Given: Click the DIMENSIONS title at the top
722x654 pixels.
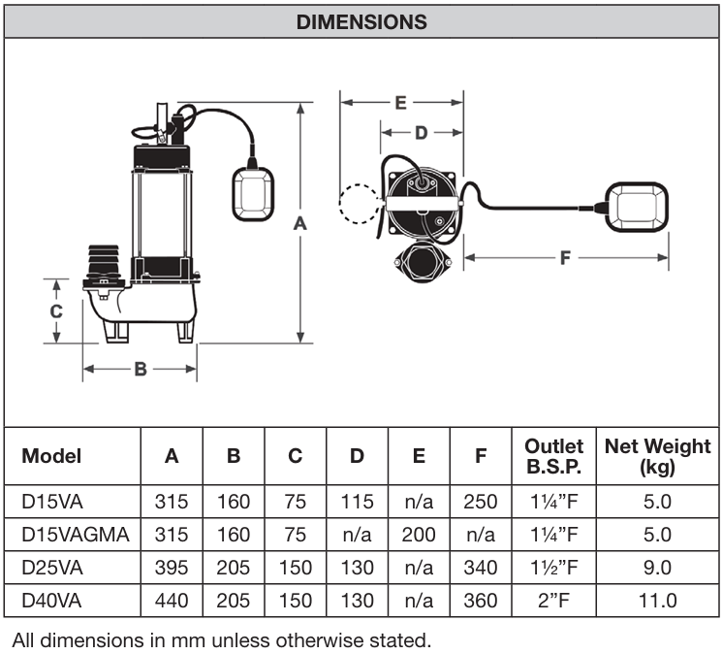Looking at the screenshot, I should [361, 20].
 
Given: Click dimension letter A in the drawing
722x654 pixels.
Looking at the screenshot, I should [300, 223].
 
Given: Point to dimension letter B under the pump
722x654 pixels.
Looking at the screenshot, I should [140, 370].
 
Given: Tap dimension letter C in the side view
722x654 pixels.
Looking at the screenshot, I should [56, 311].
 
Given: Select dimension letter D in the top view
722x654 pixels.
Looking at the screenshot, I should [421, 133].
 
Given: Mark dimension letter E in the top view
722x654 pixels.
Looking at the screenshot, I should [400, 101].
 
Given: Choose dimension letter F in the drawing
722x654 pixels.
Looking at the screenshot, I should [566, 258].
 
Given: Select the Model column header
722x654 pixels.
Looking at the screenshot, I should [52, 456].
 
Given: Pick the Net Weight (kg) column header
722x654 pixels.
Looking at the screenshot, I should [657, 456].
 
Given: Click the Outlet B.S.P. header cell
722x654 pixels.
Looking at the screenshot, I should [553, 456].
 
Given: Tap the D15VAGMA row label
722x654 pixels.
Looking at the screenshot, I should [67, 535].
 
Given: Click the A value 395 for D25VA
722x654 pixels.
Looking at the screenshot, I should [172, 568].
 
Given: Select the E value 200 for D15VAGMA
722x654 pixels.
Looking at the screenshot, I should [419, 535].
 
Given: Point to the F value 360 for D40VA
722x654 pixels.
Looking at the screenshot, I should [481, 601].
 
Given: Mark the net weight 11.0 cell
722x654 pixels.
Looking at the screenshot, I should [657, 601].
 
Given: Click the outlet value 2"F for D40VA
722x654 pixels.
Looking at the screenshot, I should [553, 601].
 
